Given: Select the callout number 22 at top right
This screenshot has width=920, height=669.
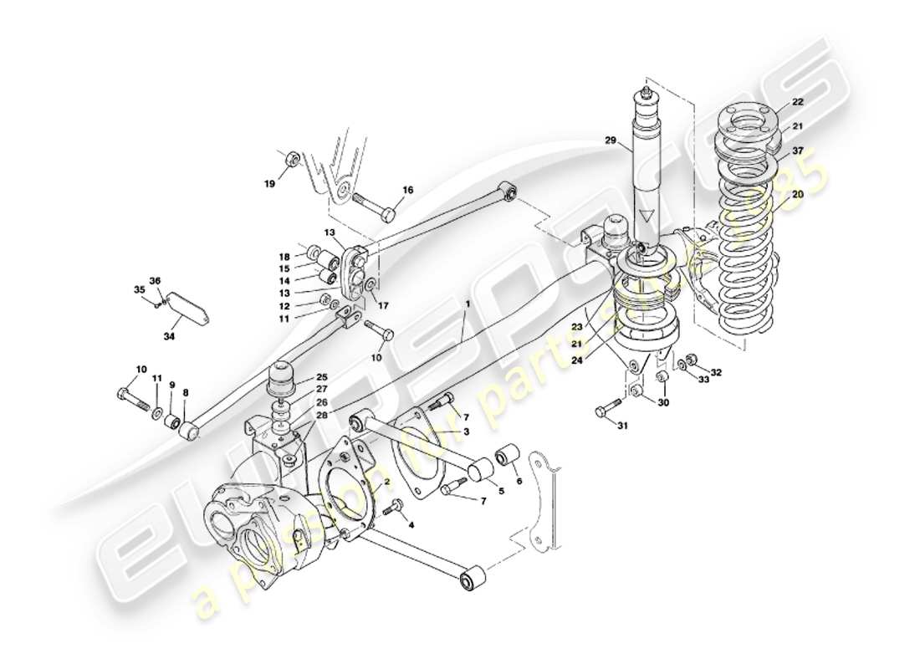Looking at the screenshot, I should (x=797, y=101).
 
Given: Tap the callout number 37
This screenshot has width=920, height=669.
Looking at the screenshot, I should (x=797, y=151).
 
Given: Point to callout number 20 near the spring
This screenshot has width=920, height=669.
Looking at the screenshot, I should (x=797, y=193).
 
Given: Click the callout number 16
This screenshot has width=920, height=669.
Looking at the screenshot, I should (x=407, y=191).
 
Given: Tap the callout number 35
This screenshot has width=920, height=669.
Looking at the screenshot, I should (x=139, y=291).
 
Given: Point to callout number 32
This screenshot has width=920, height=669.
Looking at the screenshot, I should (x=717, y=371).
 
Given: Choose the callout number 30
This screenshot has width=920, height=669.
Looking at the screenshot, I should (x=663, y=403).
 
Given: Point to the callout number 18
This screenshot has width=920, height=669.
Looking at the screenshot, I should (x=284, y=257).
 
